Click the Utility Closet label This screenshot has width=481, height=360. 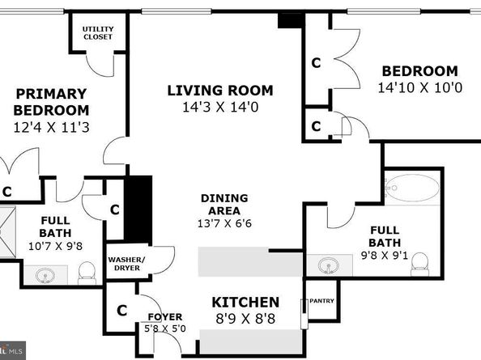click(98, 33)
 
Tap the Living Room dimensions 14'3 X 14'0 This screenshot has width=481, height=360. click(220, 108)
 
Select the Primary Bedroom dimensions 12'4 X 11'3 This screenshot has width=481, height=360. click(52, 127)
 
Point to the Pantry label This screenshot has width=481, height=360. click(321, 301)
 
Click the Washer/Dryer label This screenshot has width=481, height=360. click(126, 264)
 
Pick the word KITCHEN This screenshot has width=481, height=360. click(245, 303)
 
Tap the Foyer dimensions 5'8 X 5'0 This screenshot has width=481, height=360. click(165, 328)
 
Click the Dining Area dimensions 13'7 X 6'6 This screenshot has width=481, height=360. click(224, 223)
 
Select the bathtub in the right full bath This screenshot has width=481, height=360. click(412, 188)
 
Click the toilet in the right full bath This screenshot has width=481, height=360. click(419, 264)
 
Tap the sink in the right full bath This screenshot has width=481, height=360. click(329, 265)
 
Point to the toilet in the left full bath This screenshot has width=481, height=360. click(87, 273)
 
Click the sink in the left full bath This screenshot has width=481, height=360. click(45, 275)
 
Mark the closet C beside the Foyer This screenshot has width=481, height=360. click(121, 311)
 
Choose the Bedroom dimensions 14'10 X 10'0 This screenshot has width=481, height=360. click(420, 88)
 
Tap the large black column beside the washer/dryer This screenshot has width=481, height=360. click(138, 210)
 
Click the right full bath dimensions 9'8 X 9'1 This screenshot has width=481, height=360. click(385, 255)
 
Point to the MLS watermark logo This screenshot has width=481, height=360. click(13, 350)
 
